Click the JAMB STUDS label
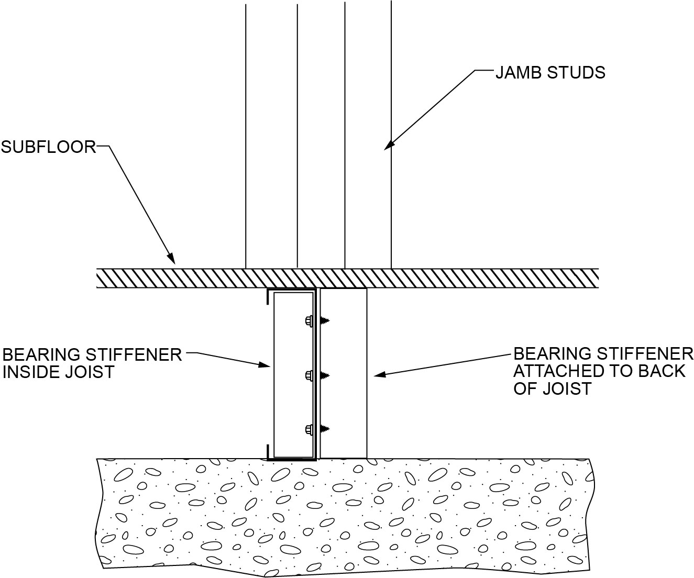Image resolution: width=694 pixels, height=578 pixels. pyautogui.click(x=550, y=72)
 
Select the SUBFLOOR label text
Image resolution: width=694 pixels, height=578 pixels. pyautogui.click(x=48, y=147)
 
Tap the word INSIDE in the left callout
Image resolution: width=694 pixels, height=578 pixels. pyautogui.click(x=37, y=372)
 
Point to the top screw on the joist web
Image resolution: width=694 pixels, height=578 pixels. pyautogui.click(x=317, y=320)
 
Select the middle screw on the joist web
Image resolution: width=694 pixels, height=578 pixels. pyautogui.click(x=317, y=375)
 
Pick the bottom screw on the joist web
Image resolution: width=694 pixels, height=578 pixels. pyautogui.click(x=317, y=429)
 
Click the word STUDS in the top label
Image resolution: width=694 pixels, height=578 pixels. pyautogui.click(x=577, y=72)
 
